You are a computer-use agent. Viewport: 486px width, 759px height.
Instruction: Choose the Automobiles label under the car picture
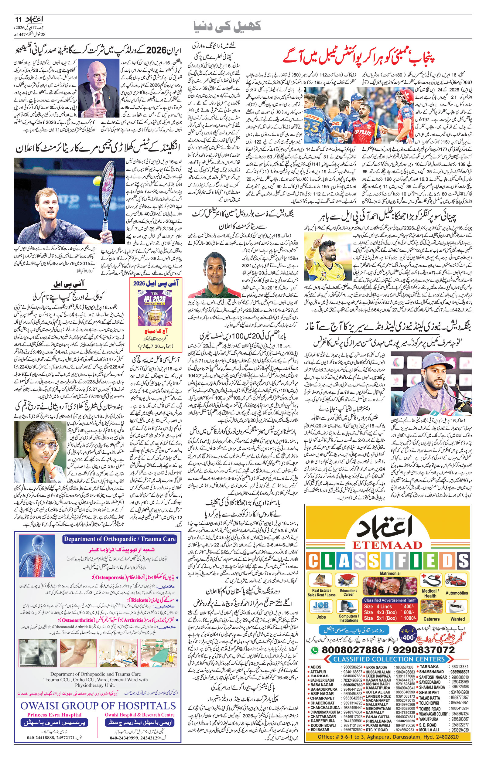tap(456, 593)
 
